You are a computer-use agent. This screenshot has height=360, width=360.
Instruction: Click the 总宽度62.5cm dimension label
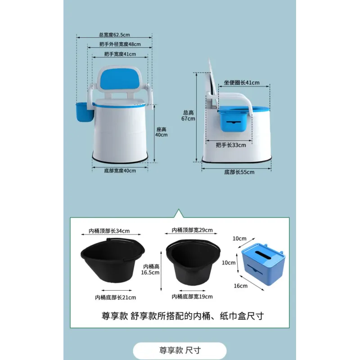pyautogui.click(x=114, y=35)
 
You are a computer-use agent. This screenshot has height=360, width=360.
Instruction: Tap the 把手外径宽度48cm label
pyautogui.click(x=120, y=44)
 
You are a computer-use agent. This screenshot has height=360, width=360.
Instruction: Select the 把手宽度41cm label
pyautogui.click(x=120, y=54)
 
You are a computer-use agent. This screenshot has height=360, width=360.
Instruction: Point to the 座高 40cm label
pyautogui.click(x=161, y=132)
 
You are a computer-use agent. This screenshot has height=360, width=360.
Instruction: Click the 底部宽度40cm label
pyautogui.click(x=120, y=171)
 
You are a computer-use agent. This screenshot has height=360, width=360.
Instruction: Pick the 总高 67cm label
pyautogui.click(x=188, y=116)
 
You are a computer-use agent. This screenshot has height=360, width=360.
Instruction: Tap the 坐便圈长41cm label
pyautogui.click(x=242, y=83)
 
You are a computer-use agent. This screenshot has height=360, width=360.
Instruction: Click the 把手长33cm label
pyautogui.click(x=231, y=145)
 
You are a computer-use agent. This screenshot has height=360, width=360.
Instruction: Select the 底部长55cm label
pyautogui.click(x=239, y=172)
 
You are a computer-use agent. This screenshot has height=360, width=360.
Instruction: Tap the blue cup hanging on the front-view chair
pyautogui.click(x=85, y=112)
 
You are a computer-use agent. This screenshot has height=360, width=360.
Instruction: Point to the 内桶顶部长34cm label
pyautogui.click(x=109, y=231)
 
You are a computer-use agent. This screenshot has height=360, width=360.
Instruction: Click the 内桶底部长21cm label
pyautogui.click(x=116, y=297)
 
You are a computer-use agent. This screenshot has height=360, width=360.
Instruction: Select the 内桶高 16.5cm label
pyautogui.click(x=150, y=269)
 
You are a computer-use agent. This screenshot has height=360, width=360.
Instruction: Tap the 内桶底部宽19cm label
pyautogui.click(x=192, y=297)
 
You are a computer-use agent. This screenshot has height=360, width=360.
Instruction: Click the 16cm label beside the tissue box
pyautogui.click(x=241, y=286)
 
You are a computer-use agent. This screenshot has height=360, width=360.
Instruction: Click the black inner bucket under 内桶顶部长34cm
pyautogui.click(x=113, y=261)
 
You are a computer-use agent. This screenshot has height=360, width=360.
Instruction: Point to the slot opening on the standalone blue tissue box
pyautogui.click(x=263, y=254)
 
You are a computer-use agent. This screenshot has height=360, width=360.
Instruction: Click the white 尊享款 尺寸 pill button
pyautogui.click(x=180, y=351)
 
